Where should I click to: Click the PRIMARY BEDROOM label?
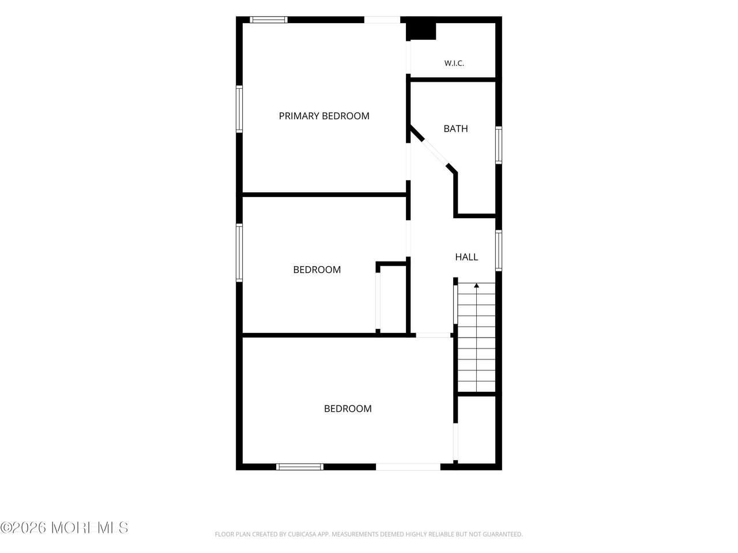coord(324,116)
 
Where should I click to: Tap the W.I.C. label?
coord(454,63)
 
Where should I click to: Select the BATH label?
coord(455,128)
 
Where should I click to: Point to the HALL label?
coord(466,257)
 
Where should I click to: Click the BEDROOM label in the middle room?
coord(317,270)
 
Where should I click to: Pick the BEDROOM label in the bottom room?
coord(348,408)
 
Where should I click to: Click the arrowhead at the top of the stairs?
coord(476,285)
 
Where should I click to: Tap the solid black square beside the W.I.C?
coord(421,31)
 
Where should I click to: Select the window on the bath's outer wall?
coord(499,145)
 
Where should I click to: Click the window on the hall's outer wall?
coord(499,251)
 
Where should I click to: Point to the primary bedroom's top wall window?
coord(269,20)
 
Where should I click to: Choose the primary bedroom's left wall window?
coord(239,109)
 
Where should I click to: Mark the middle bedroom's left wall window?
coord(239,253)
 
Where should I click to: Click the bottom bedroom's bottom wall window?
coord(300,467)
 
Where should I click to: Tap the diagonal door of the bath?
coord(434,153)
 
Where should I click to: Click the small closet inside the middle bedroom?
coord(393,298)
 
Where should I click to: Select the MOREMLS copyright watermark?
coord(64,528)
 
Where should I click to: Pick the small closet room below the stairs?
coord(477,430)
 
